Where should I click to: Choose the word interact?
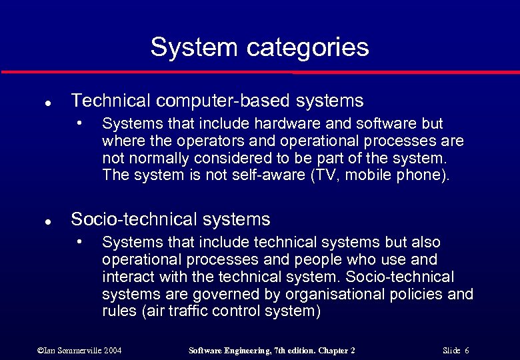click(x=128, y=277)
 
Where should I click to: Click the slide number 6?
click(x=467, y=350)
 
